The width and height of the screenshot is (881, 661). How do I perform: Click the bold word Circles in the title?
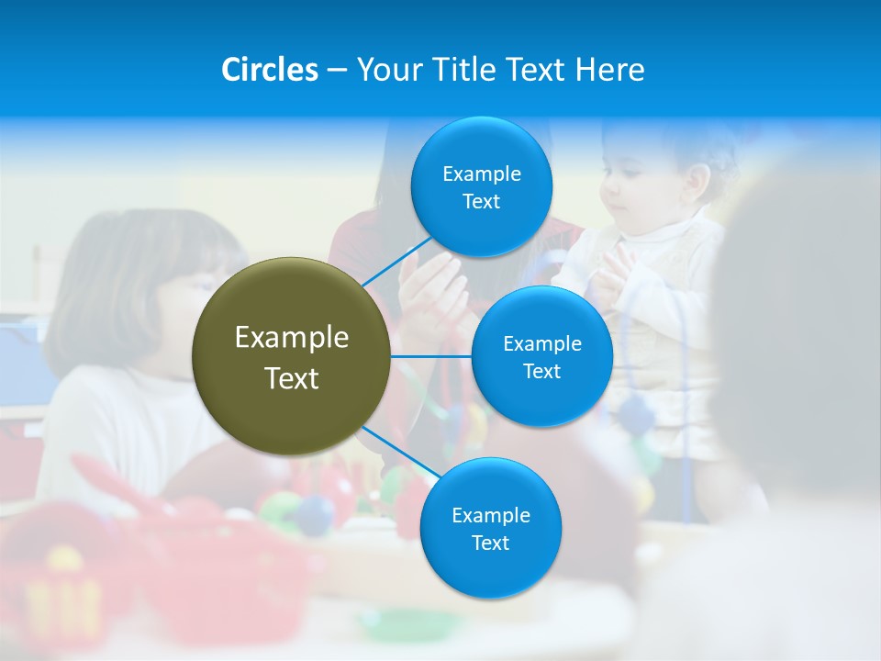[270, 70]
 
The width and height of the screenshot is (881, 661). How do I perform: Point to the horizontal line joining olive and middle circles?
[430, 355]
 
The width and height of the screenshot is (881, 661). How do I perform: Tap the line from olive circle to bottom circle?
[401, 452]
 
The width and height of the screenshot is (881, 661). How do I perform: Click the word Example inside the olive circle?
[291, 338]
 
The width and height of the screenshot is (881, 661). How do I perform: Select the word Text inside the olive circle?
[291, 378]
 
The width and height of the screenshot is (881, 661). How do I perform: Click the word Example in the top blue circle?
[481, 174]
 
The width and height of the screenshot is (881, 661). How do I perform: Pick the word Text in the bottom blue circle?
[490, 543]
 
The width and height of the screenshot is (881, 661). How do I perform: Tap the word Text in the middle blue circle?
[541, 371]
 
